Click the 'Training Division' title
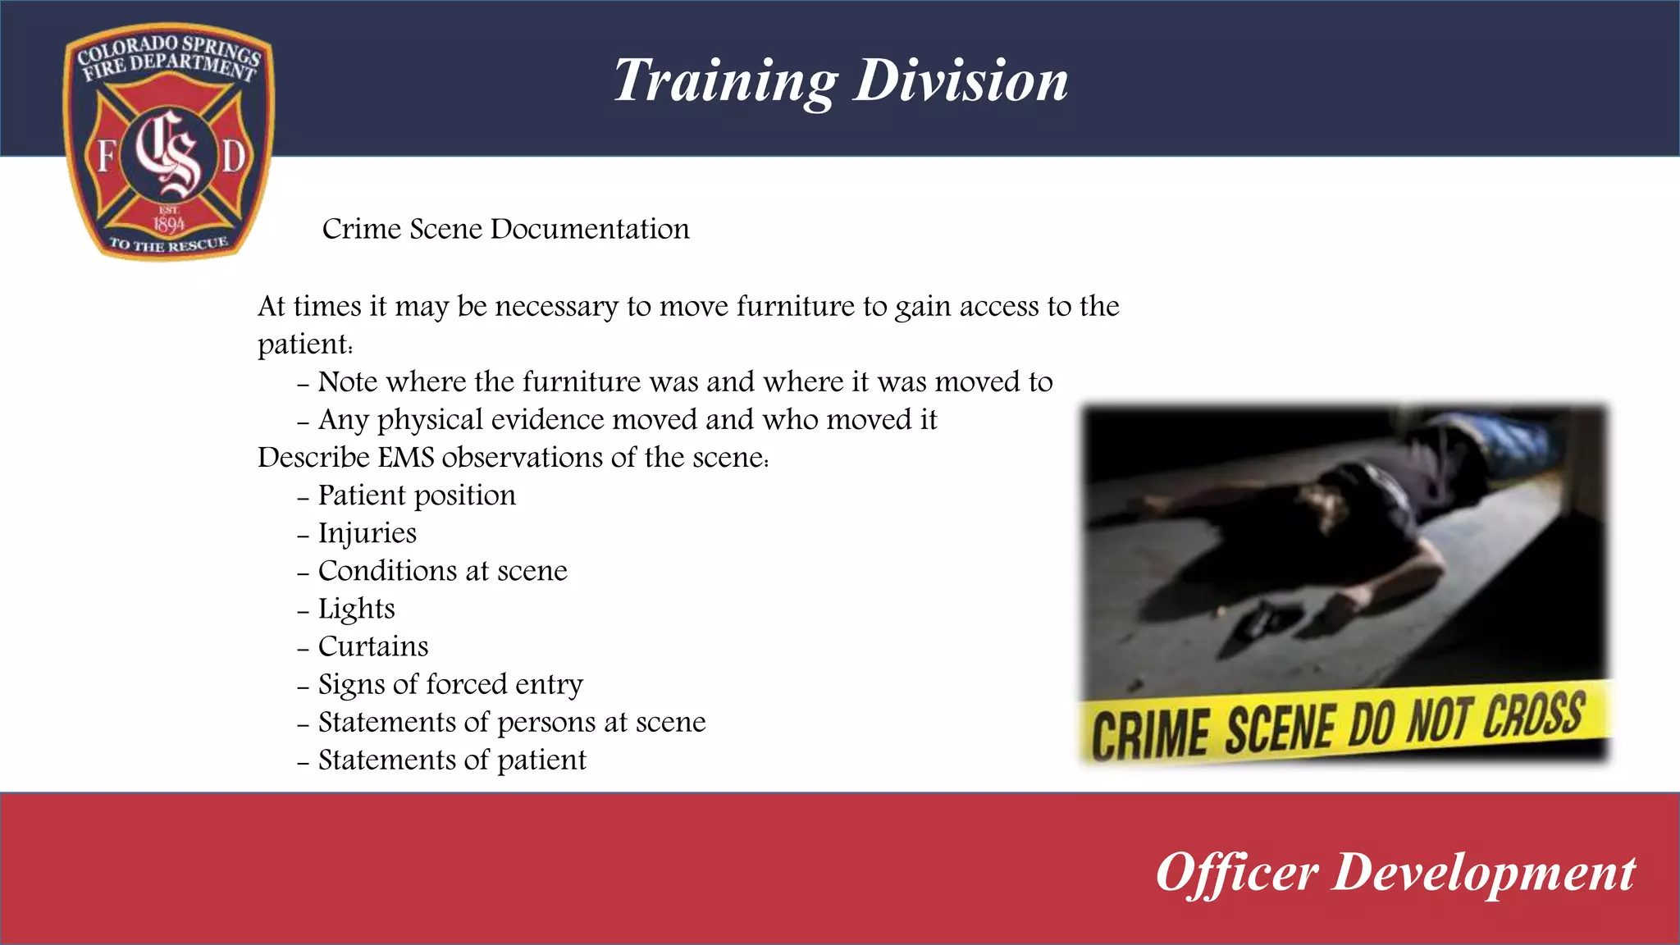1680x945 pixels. (841, 80)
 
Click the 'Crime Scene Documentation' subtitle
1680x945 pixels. (505, 229)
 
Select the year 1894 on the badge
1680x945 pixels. (169, 224)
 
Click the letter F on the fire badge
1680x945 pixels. (106, 155)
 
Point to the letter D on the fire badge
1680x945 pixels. (233, 156)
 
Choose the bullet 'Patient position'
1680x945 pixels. (417, 495)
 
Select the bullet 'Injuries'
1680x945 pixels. (367, 533)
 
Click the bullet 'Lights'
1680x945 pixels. (356, 609)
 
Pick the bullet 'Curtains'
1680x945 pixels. (372, 646)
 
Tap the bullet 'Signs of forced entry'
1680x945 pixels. (450, 684)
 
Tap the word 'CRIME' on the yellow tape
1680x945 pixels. (1150, 733)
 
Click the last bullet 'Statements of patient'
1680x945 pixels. (452, 760)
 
